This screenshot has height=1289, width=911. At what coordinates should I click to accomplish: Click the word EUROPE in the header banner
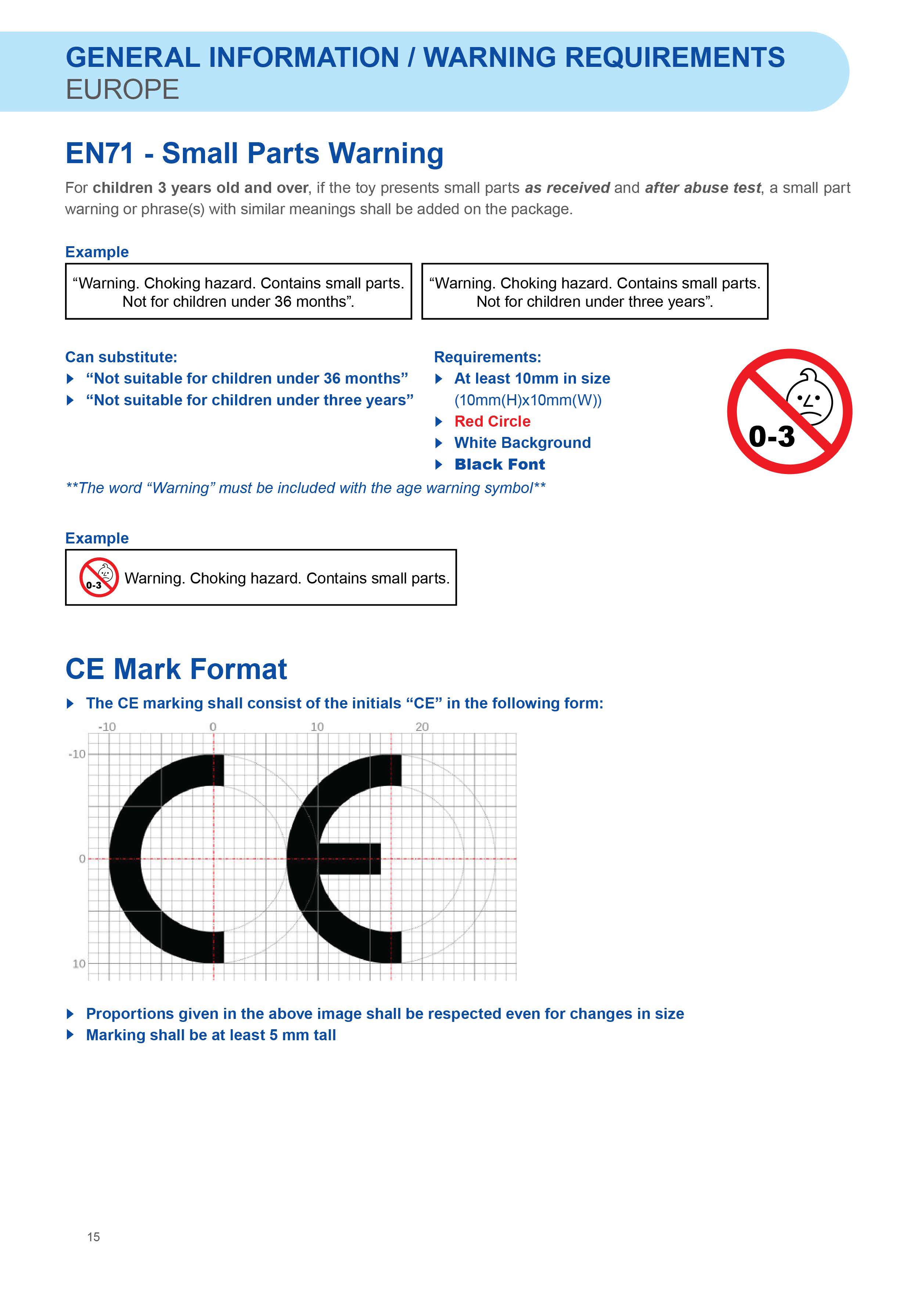point(122,90)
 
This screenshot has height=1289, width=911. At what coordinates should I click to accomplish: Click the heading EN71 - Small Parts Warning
point(254,153)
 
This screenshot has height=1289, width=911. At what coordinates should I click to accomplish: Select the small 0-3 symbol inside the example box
point(99,577)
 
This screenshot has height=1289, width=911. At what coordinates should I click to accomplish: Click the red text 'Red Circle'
point(492,421)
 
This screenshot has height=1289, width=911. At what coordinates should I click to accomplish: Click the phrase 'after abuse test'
point(703,188)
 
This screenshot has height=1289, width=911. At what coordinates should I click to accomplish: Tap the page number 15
point(94,1252)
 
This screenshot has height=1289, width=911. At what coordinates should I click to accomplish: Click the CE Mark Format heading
point(176,669)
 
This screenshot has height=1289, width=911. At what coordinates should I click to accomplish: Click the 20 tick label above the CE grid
point(422,727)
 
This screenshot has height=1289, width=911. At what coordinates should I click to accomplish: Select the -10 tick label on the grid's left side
point(77,754)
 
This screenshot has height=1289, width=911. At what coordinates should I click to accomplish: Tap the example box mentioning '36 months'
point(238,292)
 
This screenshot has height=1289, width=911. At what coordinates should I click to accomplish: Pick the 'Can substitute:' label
point(121,357)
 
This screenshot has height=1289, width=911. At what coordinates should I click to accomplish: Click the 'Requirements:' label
point(487,357)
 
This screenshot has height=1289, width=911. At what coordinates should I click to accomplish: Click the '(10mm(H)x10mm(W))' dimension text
point(527,400)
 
